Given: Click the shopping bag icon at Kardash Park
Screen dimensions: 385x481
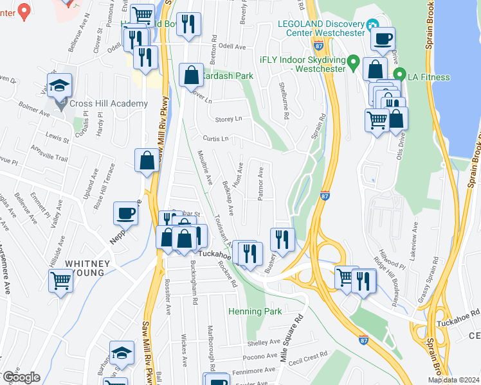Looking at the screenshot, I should click(192, 75).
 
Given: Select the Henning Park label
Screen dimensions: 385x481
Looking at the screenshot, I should click(255, 312).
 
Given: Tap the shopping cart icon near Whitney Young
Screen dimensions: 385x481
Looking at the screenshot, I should click(60, 280).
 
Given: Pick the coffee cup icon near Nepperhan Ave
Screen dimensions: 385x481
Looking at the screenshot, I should click(126, 213).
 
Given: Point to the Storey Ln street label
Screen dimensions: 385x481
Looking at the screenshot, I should click(228, 119).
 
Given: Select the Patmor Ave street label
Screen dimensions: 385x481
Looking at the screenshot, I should click(261, 184).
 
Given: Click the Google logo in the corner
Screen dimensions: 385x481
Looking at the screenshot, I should click(21, 377).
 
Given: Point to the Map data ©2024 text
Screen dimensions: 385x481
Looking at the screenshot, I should click(453, 380).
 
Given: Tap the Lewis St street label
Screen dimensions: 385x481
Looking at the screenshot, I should click(57, 137).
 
